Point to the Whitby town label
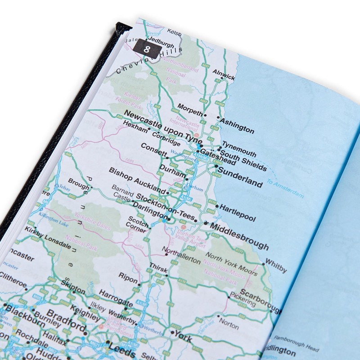[x=275, y=265]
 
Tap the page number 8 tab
[x=146, y=49]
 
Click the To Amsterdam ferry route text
[x=285, y=188]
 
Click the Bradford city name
[x=66, y=319]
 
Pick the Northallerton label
[x=181, y=256]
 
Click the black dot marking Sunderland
[x=216, y=166]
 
